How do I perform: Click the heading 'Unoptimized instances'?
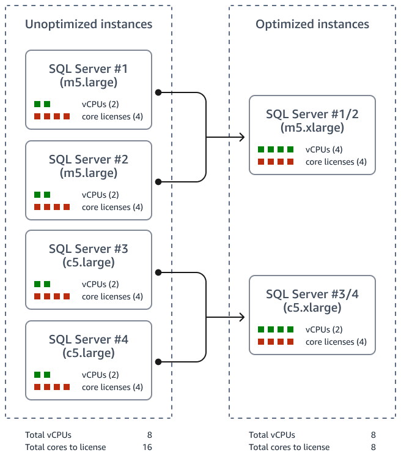point(89,24)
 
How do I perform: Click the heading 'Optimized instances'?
point(312,24)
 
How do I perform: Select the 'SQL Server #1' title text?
point(89,69)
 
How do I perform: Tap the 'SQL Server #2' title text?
point(89,159)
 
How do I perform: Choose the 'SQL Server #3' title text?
point(89,249)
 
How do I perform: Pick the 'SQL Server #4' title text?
point(89,340)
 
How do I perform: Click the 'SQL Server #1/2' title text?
point(312,114)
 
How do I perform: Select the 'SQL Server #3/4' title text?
point(312,295)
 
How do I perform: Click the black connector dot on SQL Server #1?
point(158,92)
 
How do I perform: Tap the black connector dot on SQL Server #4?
point(158,362)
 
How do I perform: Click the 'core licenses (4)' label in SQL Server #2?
point(112,207)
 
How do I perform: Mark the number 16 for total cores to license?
point(147,447)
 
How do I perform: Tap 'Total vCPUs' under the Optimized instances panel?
point(272,435)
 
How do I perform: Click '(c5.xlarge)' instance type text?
point(312,308)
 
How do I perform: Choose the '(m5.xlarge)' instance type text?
point(312,127)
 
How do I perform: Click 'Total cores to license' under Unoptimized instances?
point(65,447)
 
